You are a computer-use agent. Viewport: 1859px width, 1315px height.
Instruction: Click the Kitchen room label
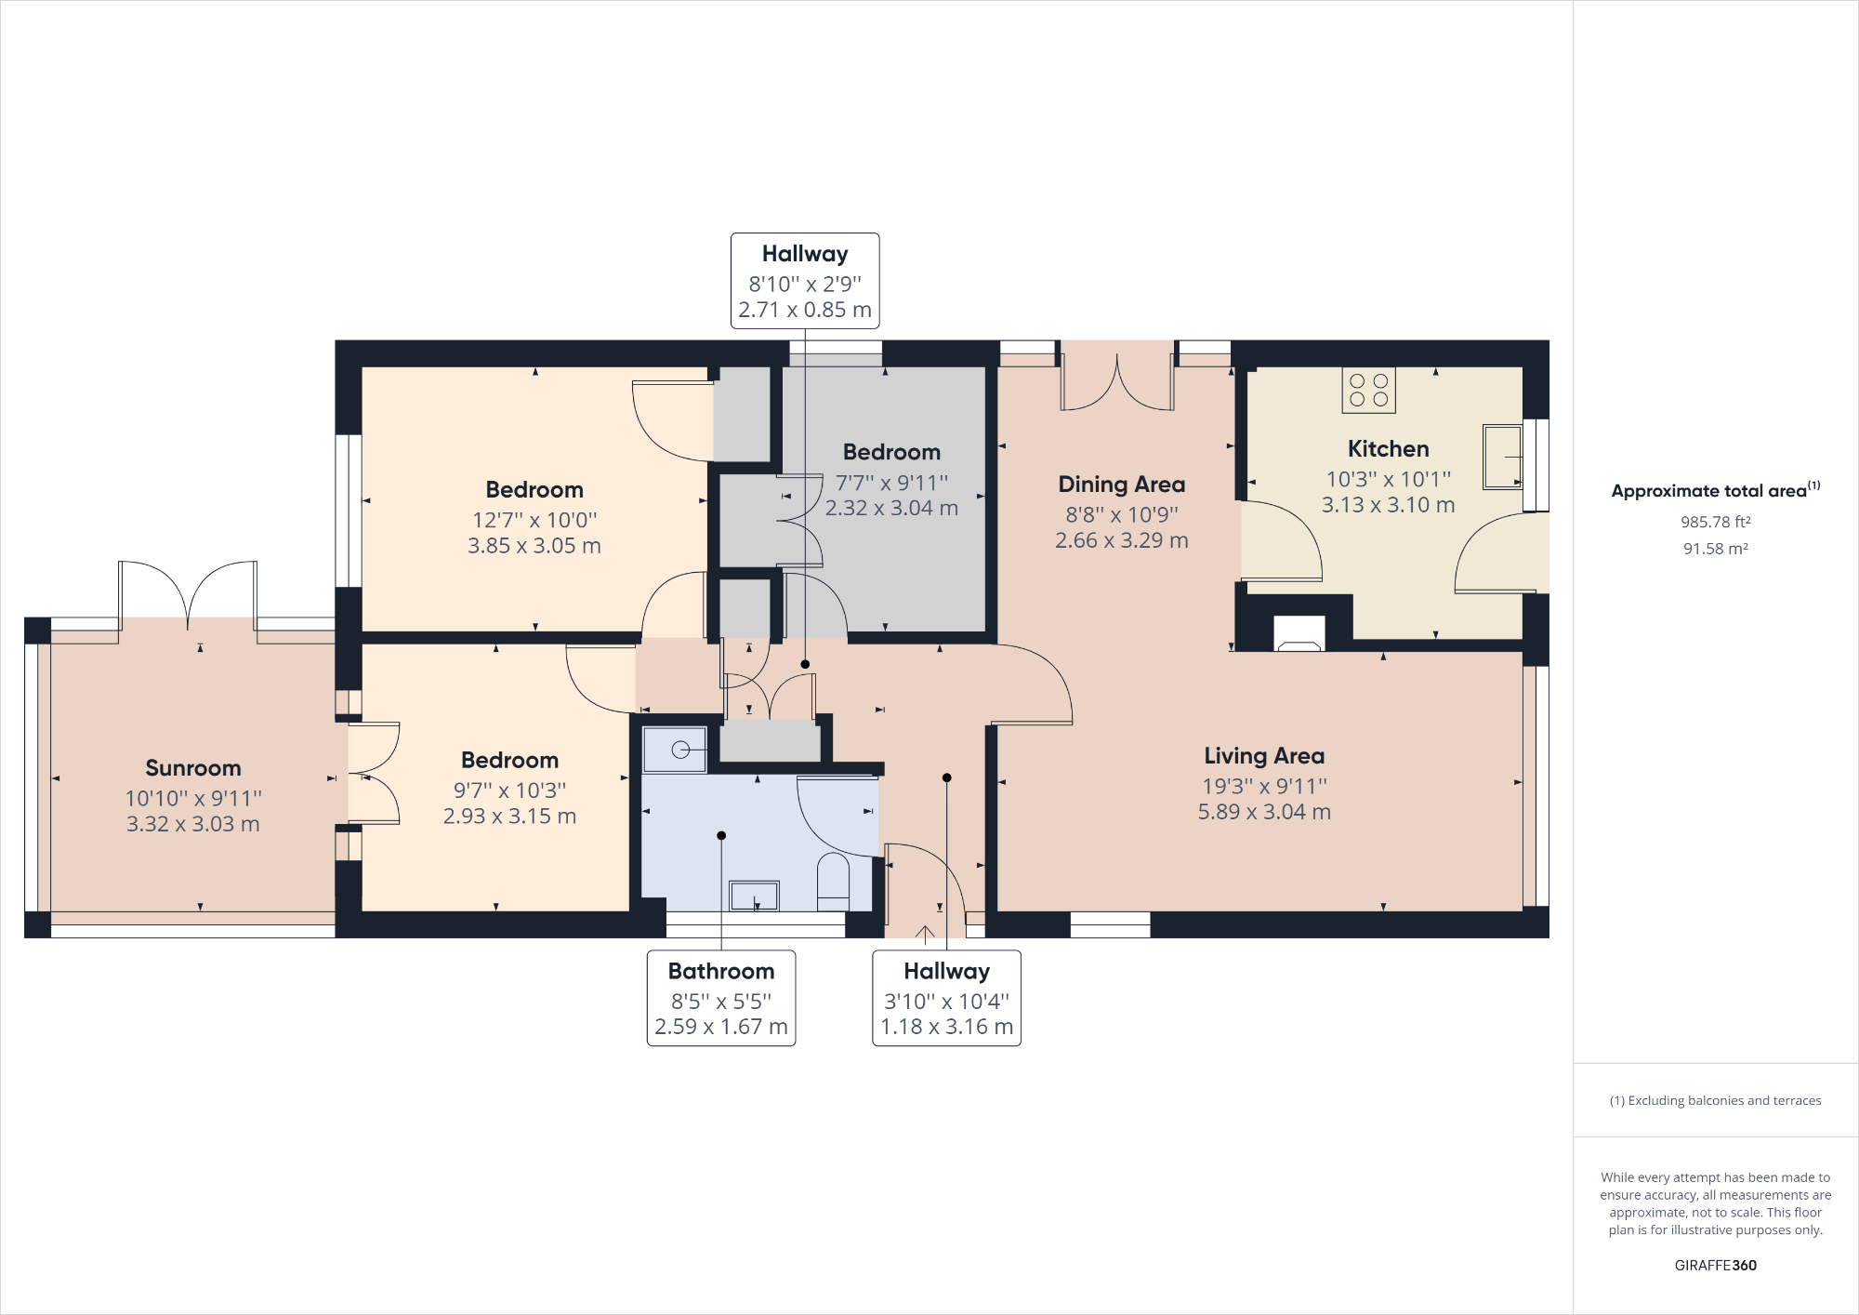(1388, 449)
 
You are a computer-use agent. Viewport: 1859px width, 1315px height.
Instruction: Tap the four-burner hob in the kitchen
(1368, 391)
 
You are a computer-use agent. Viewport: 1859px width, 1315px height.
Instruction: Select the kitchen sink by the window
(1501, 457)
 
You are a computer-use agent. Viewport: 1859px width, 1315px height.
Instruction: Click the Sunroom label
(193, 768)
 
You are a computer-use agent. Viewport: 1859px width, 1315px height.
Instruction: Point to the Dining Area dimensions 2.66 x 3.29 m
(1121, 540)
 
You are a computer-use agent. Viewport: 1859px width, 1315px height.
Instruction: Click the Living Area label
(1264, 756)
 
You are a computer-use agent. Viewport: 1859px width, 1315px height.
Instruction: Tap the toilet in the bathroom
(833, 882)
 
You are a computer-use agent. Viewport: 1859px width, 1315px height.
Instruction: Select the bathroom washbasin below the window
(754, 896)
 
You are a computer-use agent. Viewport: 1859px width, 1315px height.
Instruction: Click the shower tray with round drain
(675, 750)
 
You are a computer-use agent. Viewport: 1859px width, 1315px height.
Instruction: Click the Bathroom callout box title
(721, 972)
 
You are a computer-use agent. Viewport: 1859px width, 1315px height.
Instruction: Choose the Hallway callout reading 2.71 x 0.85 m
(805, 310)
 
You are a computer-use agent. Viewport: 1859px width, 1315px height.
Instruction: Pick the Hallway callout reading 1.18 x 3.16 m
(946, 1027)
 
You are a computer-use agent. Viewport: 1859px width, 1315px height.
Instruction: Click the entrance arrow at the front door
(925, 934)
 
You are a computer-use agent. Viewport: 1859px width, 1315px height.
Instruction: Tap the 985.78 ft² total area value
(1715, 523)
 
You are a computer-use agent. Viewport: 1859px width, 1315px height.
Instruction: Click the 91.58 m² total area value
(1715, 549)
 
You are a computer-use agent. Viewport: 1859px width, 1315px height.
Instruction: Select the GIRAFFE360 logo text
(1715, 1265)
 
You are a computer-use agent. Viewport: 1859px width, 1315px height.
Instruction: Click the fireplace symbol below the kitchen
(1299, 635)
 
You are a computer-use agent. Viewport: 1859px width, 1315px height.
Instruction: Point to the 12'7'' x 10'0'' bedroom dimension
(534, 520)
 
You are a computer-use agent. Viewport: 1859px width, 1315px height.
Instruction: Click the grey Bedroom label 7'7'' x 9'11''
(891, 453)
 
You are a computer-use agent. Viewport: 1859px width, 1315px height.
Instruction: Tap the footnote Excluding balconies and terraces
(1715, 1100)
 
